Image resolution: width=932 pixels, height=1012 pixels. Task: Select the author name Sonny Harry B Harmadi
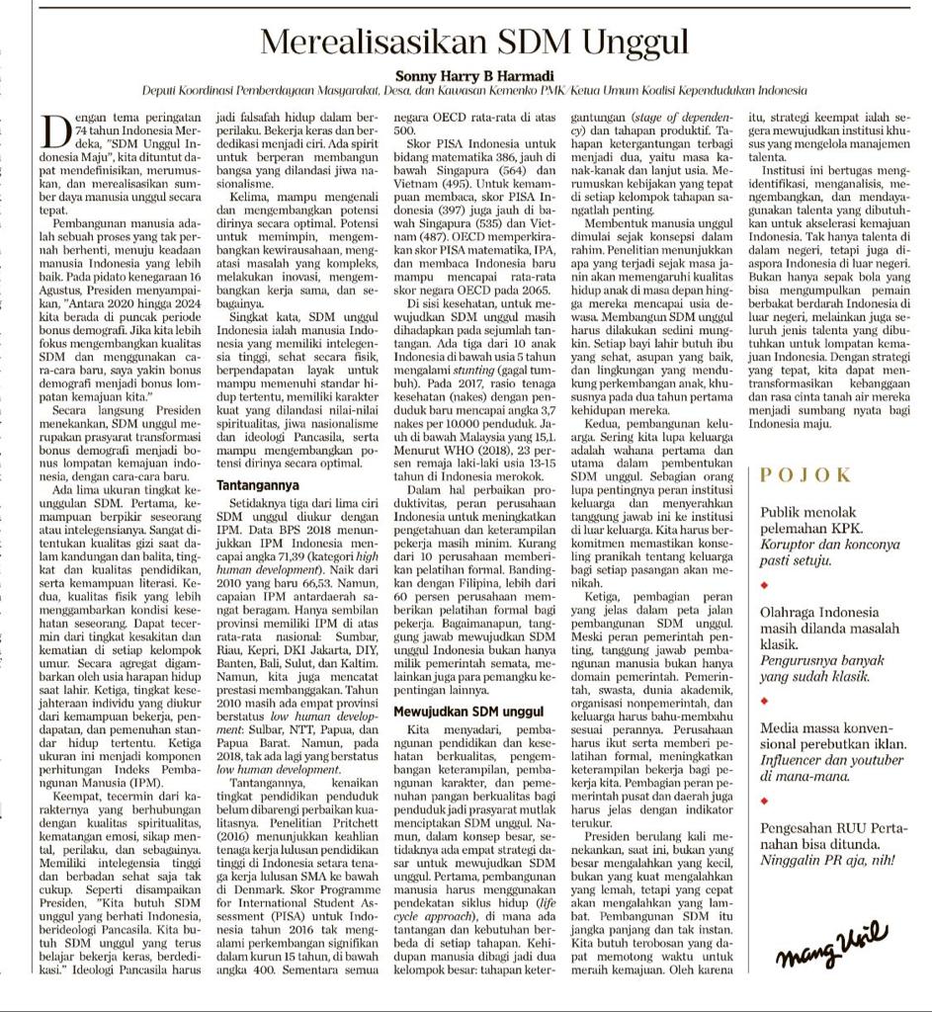tap(473, 74)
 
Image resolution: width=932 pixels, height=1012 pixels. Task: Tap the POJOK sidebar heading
tap(805, 475)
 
